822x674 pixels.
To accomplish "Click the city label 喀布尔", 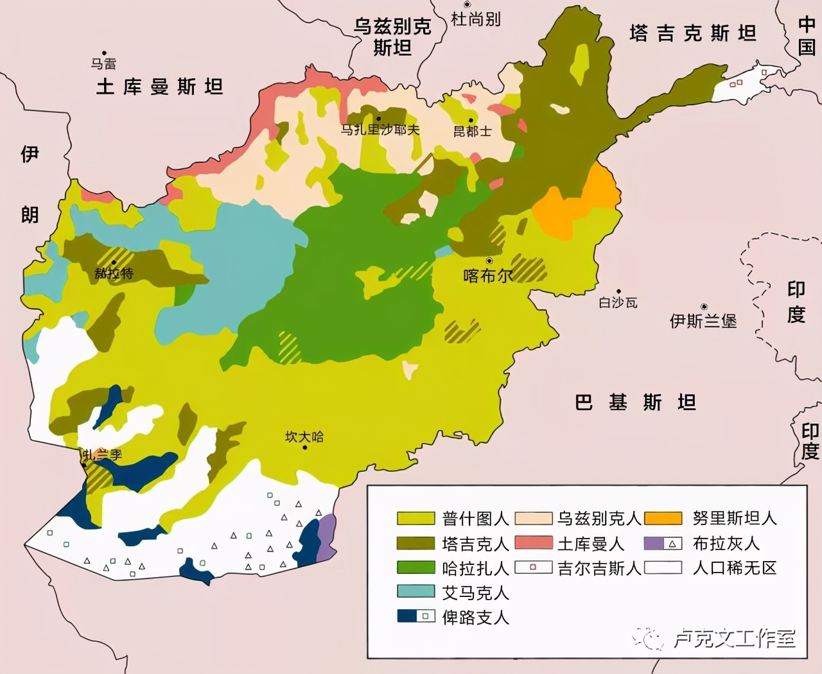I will click(488, 276).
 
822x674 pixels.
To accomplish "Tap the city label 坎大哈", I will click(304, 437).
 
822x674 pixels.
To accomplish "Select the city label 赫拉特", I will click(114, 273).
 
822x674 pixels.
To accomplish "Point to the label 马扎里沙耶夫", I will click(380, 130).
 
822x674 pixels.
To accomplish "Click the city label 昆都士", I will click(472, 132).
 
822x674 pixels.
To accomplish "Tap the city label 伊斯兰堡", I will click(703, 320).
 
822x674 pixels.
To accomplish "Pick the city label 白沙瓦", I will click(618, 302).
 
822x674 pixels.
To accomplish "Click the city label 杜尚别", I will click(475, 19).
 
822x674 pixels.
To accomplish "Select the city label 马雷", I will click(103, 64).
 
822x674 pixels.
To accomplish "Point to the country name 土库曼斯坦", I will click(159, 87).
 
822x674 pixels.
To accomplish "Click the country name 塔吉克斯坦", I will click(693, 33).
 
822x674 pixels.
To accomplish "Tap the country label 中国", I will click(807, 36).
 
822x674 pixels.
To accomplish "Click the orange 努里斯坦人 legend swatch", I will click(663, 519).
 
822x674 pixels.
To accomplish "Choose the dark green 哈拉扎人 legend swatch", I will click(415, 567).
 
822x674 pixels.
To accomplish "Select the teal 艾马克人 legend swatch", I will click(415, 592).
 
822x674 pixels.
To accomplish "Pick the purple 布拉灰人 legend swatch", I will click(654, 544).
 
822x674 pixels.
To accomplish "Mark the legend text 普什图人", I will click(475, 519).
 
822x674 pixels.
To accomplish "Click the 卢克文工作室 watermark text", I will click(734, 639).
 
